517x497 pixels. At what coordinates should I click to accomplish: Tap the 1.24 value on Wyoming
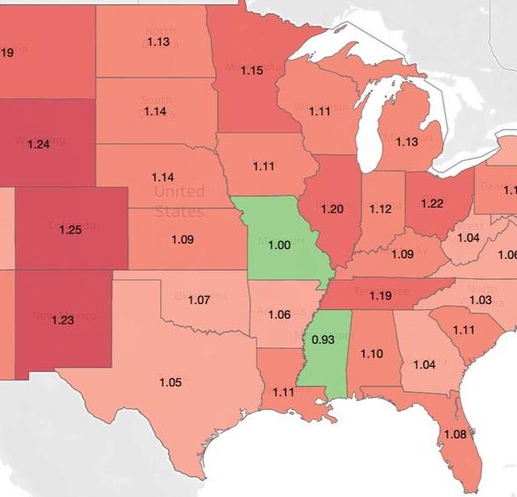pos(39,144)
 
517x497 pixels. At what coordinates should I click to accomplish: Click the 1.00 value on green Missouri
pos(280,245)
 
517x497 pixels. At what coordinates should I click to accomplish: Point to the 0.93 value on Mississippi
pos(323,339)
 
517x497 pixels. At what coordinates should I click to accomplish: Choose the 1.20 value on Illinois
pos(332,209)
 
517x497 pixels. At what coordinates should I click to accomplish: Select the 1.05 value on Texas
pos(171,382)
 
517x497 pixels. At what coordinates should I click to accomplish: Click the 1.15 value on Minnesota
pos(252,71)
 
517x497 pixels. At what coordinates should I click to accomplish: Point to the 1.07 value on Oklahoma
pos(199,301)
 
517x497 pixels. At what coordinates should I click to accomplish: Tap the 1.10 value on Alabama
pos(371,353)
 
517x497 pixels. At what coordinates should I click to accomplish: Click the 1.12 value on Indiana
pos(380,209)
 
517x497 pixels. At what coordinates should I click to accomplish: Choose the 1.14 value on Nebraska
pos(162,177)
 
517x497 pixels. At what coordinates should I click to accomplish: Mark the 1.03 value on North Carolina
pos(480,299)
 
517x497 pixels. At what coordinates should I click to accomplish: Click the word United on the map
pos(179,190)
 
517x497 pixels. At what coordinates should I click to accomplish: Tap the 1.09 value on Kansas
pos(182,239)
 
